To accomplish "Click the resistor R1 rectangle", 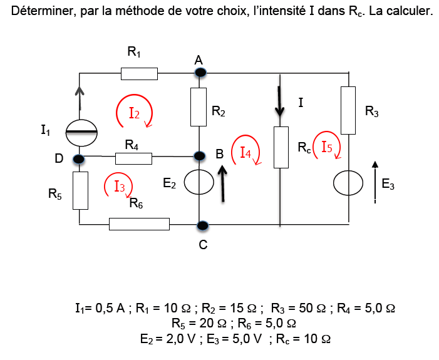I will click(139, 74).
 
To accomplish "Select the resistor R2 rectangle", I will click(199, 107).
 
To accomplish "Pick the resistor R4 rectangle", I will click(133, 158).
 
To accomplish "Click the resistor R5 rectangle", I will click(80, 191).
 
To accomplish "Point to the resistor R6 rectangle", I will click(139, 224).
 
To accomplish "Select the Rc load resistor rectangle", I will click(281, 147).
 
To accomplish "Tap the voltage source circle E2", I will click(199, 184).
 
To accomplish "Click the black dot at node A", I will click(200, 73).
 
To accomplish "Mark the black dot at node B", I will click(200, 155).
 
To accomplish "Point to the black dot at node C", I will click(202, 225).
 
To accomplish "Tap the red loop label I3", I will click(120, 186).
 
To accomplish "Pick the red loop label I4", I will click(246, 152).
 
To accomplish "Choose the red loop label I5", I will click(327, 148).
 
